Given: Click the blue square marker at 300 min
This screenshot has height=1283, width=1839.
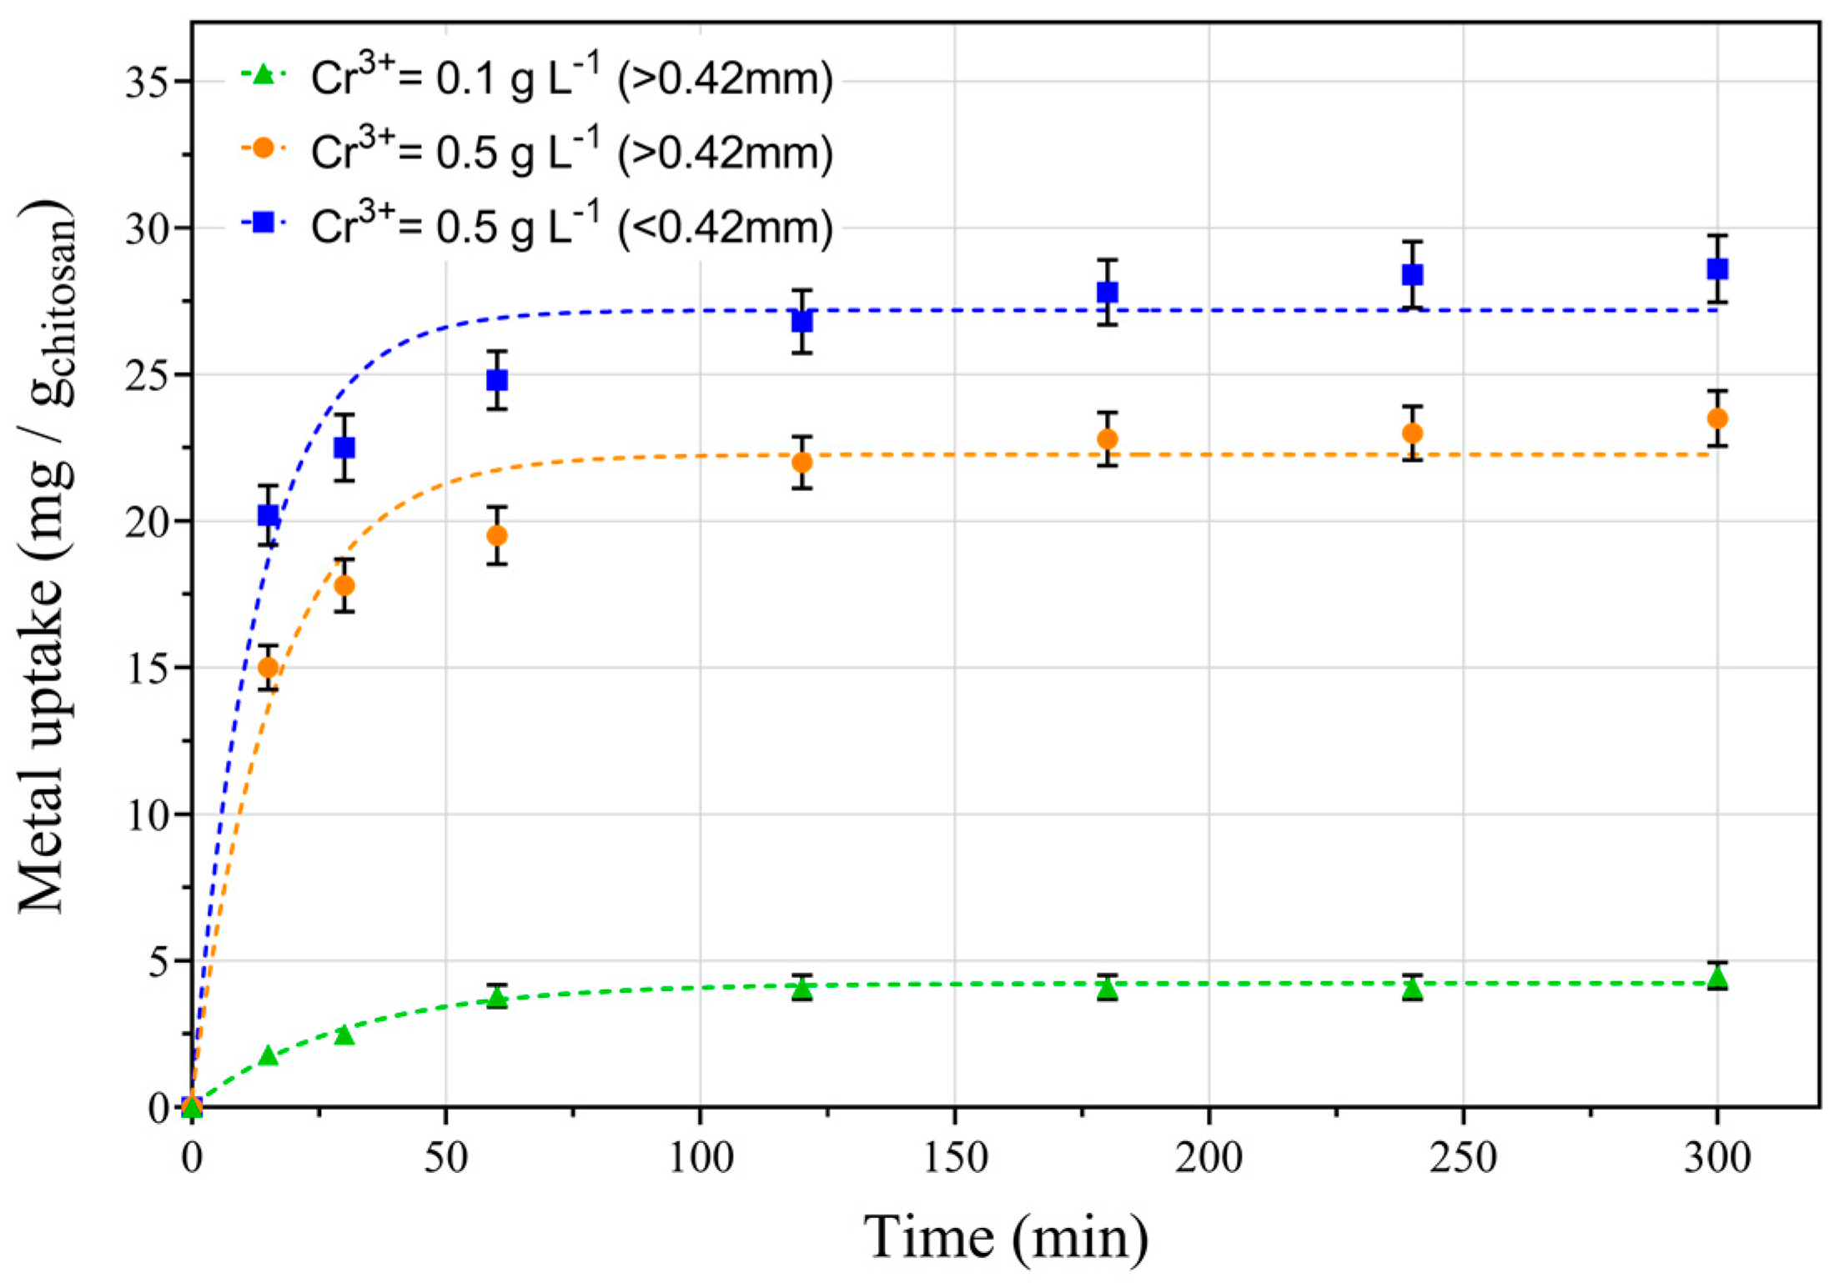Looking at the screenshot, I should pos(1716,269).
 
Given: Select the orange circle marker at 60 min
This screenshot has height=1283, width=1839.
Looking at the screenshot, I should pos(497,535).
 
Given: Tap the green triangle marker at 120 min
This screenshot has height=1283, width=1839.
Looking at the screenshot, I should pos(801,989).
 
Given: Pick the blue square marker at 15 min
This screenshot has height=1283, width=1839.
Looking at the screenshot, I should pos(268,515).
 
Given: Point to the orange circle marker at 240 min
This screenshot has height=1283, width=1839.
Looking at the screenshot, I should pos(1412,434).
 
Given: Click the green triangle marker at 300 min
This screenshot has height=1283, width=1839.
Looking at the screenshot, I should pos(1716,977).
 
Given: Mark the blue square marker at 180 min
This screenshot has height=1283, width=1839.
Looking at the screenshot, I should pos(1107,292).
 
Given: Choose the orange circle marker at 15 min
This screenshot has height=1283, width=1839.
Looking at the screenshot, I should pos(268,667).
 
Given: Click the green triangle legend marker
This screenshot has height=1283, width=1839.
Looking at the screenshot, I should pos(264,75).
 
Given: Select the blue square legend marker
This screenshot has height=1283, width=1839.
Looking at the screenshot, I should pos(264,222).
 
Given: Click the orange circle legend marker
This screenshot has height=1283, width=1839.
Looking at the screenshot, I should pos(264,148).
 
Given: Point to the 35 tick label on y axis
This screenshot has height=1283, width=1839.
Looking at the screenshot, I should pos(148,83).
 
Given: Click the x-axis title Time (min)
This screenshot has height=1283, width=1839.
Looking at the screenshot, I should pos(1005,1237).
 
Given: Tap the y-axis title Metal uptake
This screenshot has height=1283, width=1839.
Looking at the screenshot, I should pos(46,559).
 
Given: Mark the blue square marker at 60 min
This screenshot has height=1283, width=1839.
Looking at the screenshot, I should pos(497,380).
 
